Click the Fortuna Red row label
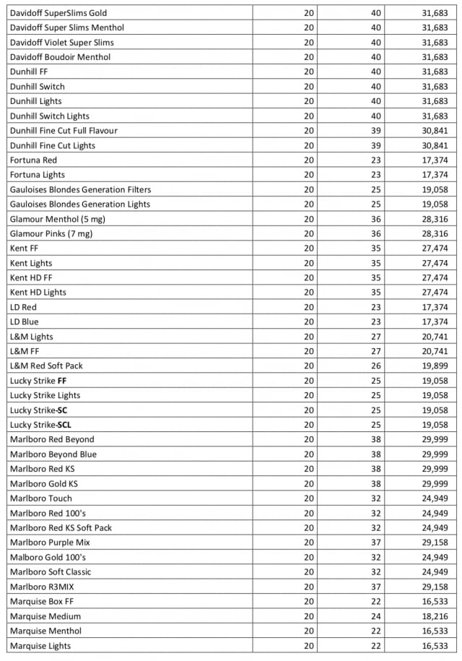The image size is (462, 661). pyautogui.click(x=33, y=160)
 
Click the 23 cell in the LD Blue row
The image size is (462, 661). pyautogui.click(x=375, y=321)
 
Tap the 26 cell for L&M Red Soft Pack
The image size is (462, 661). pyautogui.click(x=375, y=366)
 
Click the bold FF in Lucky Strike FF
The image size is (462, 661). pyautogui.click(x=62, y=380)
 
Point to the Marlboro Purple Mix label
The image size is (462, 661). pyautogui.click(x=50, y=542)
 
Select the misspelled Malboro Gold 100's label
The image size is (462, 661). pyautogui.click(x=48, y=557)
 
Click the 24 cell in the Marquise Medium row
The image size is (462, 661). pyautogui.click(x=375, y=616)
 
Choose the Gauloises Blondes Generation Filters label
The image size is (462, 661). pyautogui.click(x=80, y=189)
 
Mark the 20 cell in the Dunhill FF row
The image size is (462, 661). pyautogui.click(x=309, y=72)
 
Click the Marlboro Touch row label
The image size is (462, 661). pyautogui.click(x=41, y=498)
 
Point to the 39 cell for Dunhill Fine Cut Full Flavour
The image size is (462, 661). pyautogui.click(x=375, y=131)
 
